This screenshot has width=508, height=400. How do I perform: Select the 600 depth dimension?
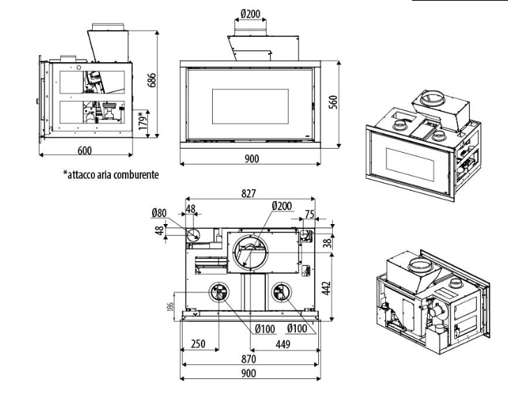[84, 150]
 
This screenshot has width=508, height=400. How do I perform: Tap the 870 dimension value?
[250, 358]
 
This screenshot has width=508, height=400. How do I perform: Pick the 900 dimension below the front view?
[251, 159]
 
